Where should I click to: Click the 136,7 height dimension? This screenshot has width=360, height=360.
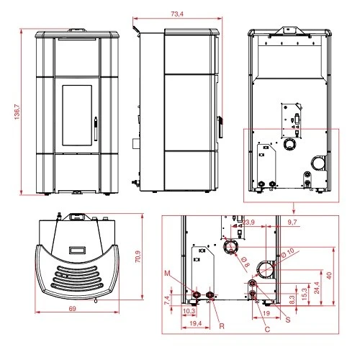pyautogui.click(x=17, y=112)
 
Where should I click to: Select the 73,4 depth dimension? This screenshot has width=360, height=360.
pyautogui.click(x=177, y=14)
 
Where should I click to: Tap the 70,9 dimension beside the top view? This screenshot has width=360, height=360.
pyautogui.click(x=138, y=256)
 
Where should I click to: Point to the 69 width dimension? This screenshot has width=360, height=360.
pyautogui.click(x=72, y=309)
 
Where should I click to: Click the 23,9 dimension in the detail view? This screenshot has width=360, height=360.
pyautogui.click(x=248, y=222)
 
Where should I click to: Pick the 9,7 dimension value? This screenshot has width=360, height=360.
pyautogui.click(x=292, y=222)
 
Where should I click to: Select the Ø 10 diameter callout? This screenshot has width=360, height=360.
pyautogui.click(x=287, y=253)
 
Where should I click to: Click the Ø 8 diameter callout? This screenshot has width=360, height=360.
pyautogui.click(x=245, y=262)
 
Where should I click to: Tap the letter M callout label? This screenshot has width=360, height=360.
pyautogui.click(x=167, y=274)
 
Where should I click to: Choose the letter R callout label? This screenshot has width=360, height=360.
pyautogui.click(x=222, y=326)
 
